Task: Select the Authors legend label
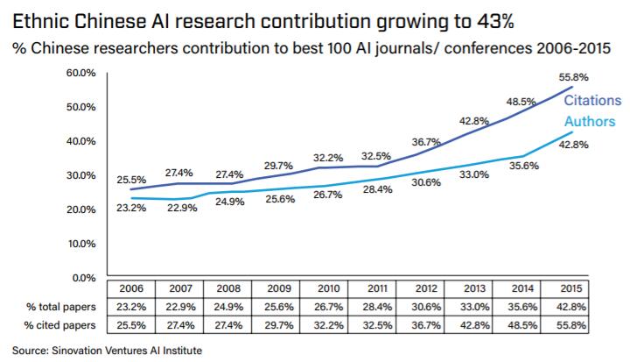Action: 589,122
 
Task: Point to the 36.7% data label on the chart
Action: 427,142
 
